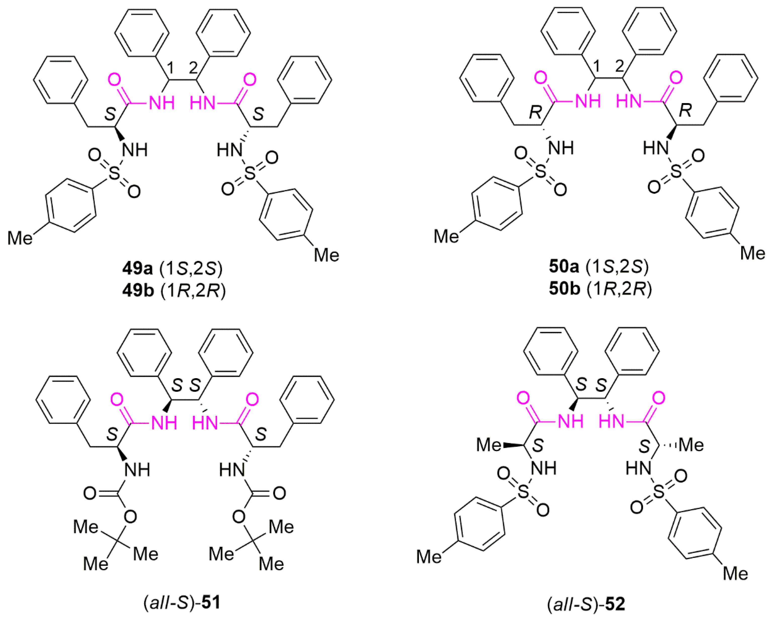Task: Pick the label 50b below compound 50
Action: point(600,289)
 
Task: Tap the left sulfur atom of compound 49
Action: point(114,174)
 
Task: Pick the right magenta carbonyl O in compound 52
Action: point(659,398)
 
